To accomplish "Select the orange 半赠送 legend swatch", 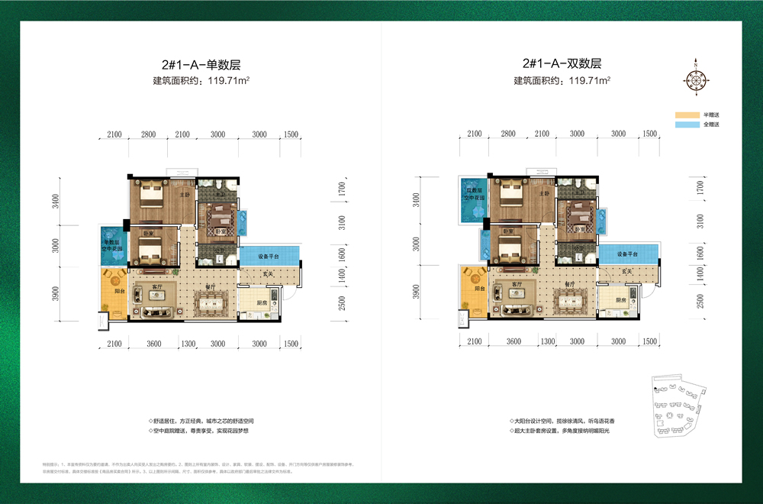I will [x=687, y=115].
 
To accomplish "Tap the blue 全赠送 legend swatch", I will [x=687, y=124].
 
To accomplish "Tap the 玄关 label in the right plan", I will [x=627, y=273].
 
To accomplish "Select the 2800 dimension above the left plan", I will [x=148, y=134].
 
